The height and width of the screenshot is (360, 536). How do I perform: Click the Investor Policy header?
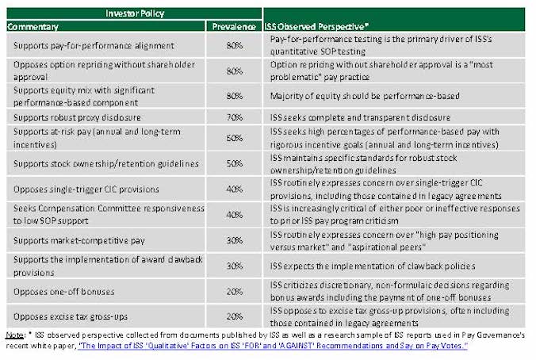[x=132, y=14]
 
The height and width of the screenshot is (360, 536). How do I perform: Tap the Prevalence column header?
[x=234, y=27]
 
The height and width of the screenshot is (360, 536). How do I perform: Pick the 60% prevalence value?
[x=234, y=139]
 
